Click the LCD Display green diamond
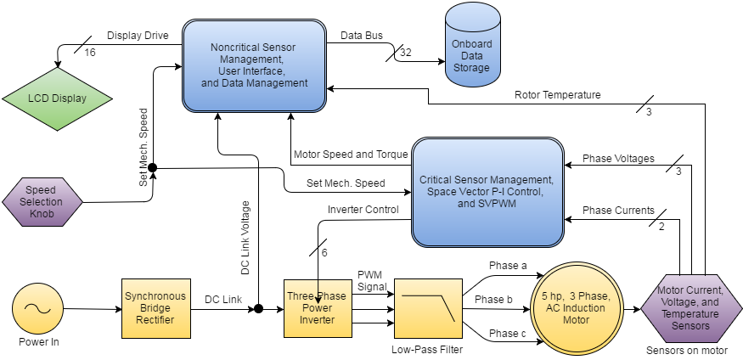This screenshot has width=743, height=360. (x=57, y=98)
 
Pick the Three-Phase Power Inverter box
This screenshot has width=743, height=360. (x=316, y=308)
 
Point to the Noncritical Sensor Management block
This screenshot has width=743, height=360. (x=255, y=65)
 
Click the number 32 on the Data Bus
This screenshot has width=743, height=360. (x=405, y=53)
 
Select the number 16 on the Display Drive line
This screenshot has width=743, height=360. (x=91, y=52)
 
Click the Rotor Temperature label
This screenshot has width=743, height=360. (x=559, y=94)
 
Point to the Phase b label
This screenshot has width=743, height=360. (x=493, y=299)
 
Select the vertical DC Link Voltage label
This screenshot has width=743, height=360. (x=245, y=238)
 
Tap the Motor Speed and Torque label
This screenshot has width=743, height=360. (x=351, y=155)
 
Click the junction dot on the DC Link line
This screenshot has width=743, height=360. (x=258, y=308)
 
